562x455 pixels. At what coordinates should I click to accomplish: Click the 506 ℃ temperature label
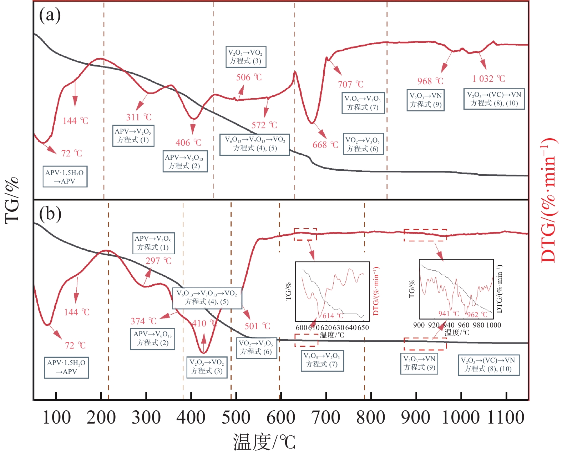tap(249, 77)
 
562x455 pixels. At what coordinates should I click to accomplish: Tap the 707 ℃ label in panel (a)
tap(350, 84)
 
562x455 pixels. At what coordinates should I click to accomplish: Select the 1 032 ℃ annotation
tap(488, 79)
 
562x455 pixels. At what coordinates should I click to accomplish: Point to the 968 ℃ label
tap(430, 81)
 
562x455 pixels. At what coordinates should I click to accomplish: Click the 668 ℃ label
tap(325, 145)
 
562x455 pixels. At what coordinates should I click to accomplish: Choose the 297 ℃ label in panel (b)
tap(158, 261)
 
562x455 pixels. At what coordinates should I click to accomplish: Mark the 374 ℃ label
tap(143, 321)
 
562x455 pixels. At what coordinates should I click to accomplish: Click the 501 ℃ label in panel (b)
tap(257, 326)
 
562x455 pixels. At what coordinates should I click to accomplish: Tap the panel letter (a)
tap(50, 15)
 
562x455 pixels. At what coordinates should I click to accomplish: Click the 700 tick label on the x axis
tap(326, 417)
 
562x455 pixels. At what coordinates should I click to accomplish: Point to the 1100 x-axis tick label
tap(506, 417)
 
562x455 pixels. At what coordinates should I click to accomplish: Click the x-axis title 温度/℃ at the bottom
tap(264, 441)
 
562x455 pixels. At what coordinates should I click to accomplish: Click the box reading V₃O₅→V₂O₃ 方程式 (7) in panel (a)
tap(362, 103)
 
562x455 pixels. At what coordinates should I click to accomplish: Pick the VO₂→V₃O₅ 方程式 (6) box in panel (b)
tap(256, 347)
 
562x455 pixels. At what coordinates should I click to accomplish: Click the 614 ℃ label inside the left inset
tap(333, 316)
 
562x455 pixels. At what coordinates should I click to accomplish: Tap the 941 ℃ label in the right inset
tap(449, 314)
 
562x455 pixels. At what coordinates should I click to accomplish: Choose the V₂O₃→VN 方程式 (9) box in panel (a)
tap(425, 100)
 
